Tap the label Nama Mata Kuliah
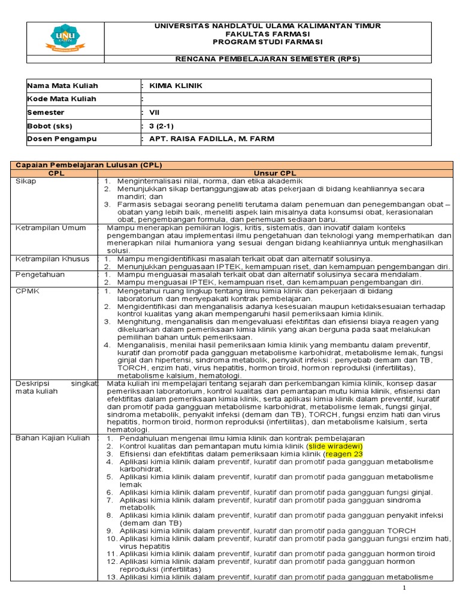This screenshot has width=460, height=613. [62, 86]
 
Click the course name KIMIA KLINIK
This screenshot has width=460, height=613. [176, 86]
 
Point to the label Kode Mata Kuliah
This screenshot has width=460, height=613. [62, 99]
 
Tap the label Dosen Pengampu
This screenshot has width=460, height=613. [62, 139]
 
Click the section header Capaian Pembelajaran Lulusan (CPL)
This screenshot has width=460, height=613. [89, 165]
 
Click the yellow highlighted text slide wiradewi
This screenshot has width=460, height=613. [335, 446]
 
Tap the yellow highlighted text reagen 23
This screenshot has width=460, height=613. [347, 454]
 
